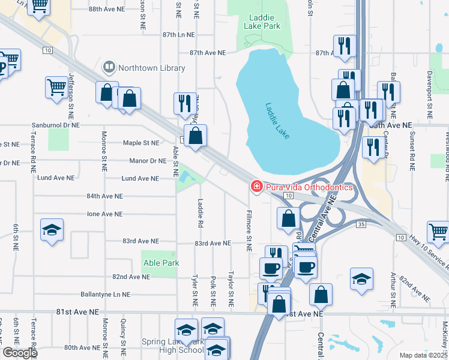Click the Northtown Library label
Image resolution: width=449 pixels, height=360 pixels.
click(x=151, y=68)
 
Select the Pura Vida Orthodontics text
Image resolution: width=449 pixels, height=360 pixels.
click(x=310, y=187)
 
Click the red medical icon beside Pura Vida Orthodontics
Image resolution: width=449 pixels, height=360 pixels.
click(x=257, y=187)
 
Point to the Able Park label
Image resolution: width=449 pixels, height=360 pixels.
click(x=161, y=263)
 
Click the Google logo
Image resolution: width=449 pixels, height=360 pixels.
click(x=20, y=352)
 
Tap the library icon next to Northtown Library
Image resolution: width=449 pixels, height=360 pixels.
click(x=109, y=67)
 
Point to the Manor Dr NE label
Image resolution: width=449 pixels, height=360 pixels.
click(x=147, y=161)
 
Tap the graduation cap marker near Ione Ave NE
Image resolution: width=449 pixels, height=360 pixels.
click(x=52, y=230)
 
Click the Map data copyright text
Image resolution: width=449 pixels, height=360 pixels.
click(x=424, y=355)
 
